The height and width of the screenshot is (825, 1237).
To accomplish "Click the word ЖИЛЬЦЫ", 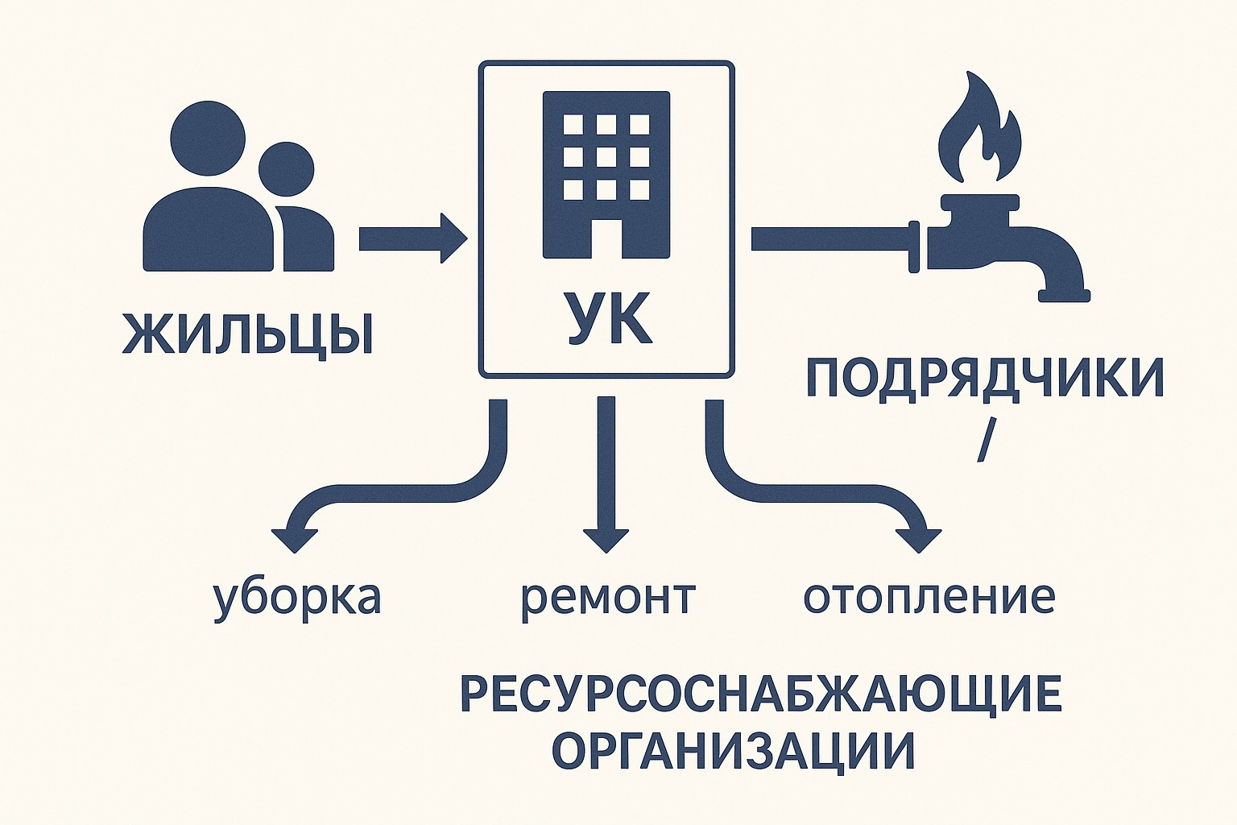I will pyautogui.click(x=247, y=333).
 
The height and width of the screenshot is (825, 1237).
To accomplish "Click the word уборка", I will pyautogui.click(x=296, y=598).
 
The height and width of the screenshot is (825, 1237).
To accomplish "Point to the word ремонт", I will pyautogui.click(x=607, y=598).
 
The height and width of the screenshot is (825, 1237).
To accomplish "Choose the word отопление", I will pyautogui.click(x=929, y=598).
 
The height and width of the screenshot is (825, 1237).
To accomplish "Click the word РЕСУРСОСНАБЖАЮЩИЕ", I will pyautogui.click(x=761, y=694).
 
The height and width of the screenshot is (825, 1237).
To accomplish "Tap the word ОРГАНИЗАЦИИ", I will pyautogui.click(x=734, y=751).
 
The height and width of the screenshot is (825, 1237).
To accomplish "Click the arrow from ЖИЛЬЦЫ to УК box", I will pyautogui.click(x=411, y=238).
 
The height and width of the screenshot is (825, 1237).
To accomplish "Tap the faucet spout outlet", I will pyautogui.click(x=1064, y=295).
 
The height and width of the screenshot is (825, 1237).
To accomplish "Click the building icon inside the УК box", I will pyautogui.click(x=606, y=174).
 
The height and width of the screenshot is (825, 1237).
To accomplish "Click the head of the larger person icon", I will pyautogui.click(x=209, y=138).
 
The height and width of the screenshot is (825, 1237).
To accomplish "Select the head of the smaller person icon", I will pyautogui.click(x=286, y=170).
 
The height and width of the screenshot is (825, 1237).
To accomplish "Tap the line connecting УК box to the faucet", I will pyautogui.click(x=829, y=238).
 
